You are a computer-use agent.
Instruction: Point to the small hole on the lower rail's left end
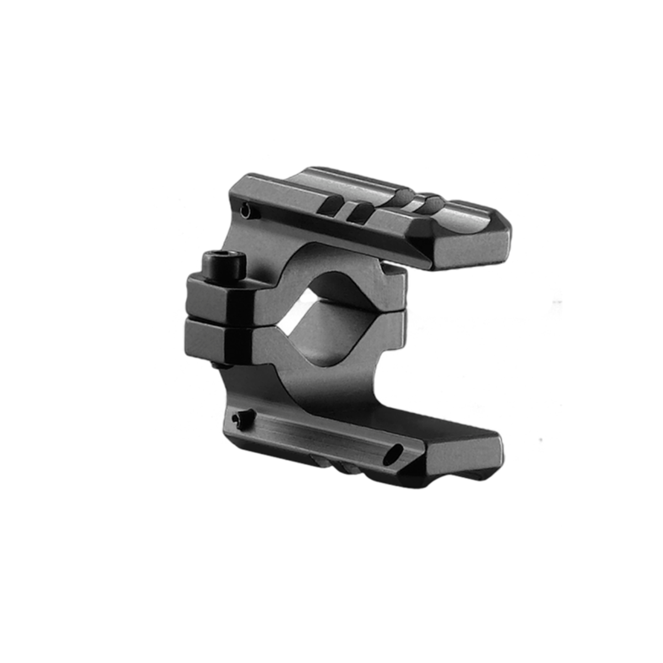point(239,419)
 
